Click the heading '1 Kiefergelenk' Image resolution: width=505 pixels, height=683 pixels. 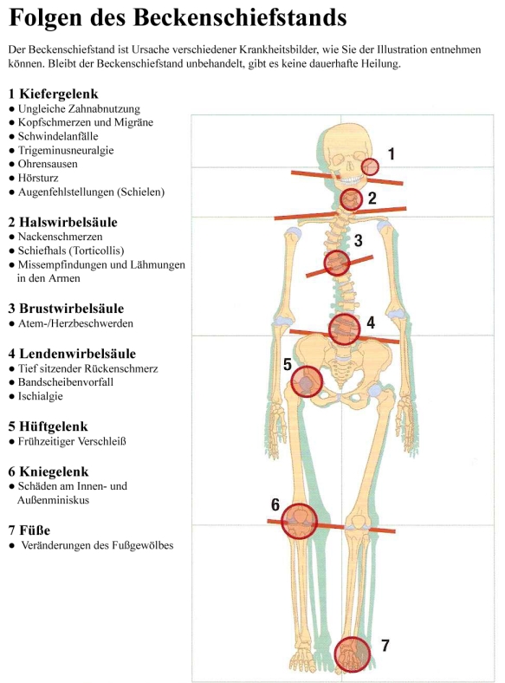(x=53, y=94)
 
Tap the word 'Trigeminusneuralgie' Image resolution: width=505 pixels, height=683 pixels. (x=66, y=150)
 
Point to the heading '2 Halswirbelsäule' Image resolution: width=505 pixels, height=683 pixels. (x=62, y=222)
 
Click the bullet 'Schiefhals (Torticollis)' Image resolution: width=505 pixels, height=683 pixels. (x=71, y=250)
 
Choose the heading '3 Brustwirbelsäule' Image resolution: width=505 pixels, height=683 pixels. (x=66, y=309)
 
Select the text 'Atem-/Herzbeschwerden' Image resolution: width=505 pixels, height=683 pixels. (x=75, y=323)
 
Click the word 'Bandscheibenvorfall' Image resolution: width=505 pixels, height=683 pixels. (x=65, y=382)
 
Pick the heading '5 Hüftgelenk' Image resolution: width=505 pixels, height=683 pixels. (x=48, y=426)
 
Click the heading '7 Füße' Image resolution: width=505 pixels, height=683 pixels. (x=29, y=530)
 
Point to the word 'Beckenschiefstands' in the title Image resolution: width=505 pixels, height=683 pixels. (x=240, y=18)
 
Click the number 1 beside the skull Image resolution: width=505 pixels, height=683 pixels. (x=391, y=153)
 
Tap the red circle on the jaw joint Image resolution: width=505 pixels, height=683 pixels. (x=370, y=166)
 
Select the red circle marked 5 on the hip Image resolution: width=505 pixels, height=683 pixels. (x=307, y=381)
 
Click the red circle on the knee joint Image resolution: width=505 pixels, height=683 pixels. (x=299, y=521)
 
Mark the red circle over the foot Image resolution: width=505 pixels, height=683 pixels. (x=353, y=654)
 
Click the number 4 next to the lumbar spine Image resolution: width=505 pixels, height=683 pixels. (x=371, y=322)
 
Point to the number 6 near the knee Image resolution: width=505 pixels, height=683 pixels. (x=275, y=504)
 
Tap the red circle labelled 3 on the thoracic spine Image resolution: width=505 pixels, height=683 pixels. (x=337, y=263)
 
